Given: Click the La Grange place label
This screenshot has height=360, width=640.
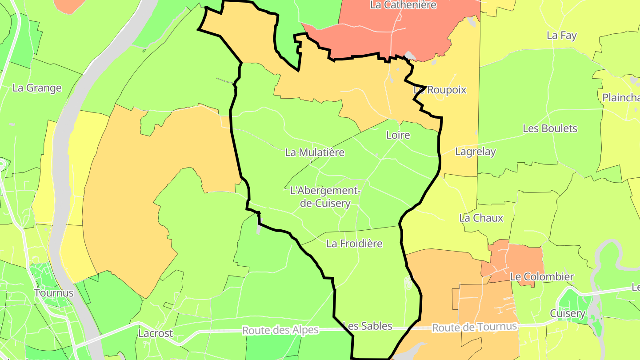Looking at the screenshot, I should pyautogui.click(x=37, y=88).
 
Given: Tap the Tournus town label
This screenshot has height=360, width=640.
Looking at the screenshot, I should pyautogui.click(x=53, y=293).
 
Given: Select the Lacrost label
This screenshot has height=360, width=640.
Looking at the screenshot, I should pyautogui.click(x=156, y=333).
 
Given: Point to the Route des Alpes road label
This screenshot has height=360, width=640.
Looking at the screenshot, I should pyautogui.click(x=280, y=330).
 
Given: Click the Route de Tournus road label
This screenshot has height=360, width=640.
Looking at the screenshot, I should pyautogui.click(x=475, y=327).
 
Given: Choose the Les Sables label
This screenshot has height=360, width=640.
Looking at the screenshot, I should pyautogui.click(x=368, y=326).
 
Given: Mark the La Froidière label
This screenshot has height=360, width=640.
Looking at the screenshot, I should pyautogui.click(x=354, y=244).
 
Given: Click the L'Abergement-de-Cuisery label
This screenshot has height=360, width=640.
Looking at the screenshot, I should pyautogui.click(x=324, y=197).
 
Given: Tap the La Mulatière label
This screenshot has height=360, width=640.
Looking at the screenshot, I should pyautogui.click(x=315, y=152).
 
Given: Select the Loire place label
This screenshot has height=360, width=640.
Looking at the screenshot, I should pyautogui.click(x=398, y=135).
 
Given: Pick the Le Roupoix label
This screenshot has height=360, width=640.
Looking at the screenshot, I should pyautogui.click(x=440, y=90).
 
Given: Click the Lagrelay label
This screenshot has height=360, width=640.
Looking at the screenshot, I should pyautogui.click(x=475, y=152).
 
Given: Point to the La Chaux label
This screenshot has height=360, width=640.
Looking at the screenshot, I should pyautogui.click(x=481, y=218).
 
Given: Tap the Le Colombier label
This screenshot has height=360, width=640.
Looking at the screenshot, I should pyautogui.click(x=542, y=276).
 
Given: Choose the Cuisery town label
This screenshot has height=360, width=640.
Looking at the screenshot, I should pyautogui.click(x=568, y=313).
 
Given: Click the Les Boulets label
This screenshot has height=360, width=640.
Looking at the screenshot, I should pyautogui.click(x=550, y=128).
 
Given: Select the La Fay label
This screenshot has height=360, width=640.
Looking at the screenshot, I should pyautogui.click(x=562, y=35).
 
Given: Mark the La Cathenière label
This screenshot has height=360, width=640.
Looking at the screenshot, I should pyautogui.click(x=404, y=5).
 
